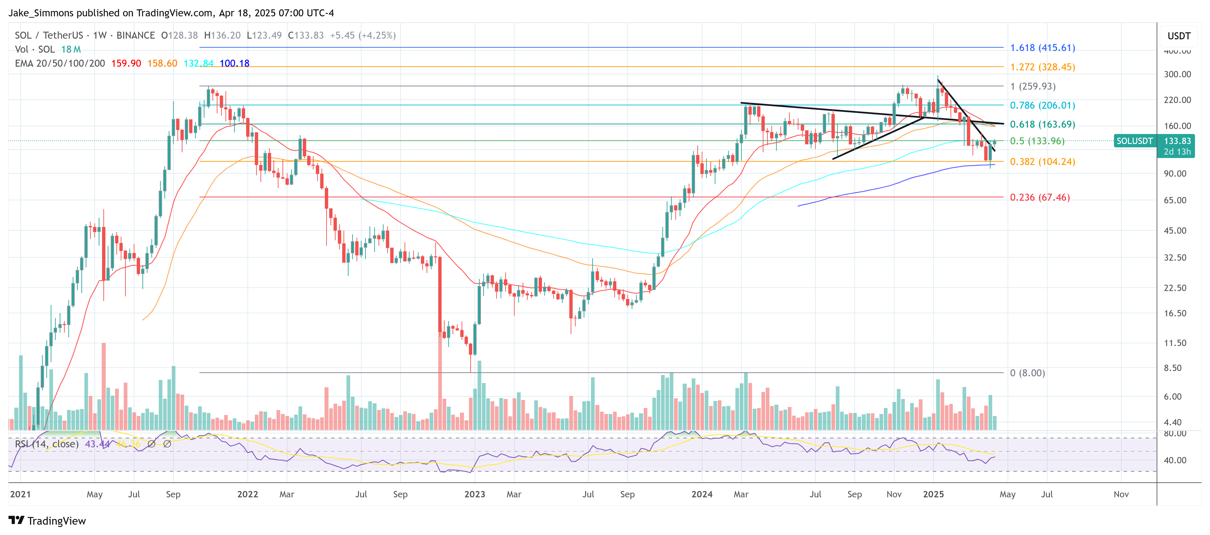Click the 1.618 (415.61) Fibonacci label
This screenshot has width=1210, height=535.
(x=1042, y=48)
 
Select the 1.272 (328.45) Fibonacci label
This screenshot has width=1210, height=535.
(x=1042, y=67)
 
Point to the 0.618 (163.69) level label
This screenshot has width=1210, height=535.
(x=1042, y=124)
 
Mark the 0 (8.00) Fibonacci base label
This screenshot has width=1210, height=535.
(x=1027, y=373)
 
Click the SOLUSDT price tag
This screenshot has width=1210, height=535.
(x=1134, y=141)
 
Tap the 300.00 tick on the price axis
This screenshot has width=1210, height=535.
(x=1177, y=74)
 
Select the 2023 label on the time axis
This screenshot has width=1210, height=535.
(x=474, y=494)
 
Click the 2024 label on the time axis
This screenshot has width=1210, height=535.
(x=702, y=494)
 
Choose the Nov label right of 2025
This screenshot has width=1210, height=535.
(x=1121, y=494)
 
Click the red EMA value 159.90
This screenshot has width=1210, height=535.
(x=126, y=63)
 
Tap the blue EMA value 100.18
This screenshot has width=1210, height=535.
(x=234, y=63)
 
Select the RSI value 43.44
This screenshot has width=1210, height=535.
(x=97, y=444)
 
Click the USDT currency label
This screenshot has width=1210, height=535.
(x=1179, y=36)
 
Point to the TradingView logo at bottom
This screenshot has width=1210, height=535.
(x=47, y=521)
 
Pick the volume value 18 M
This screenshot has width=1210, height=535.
(x=71, y=49)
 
